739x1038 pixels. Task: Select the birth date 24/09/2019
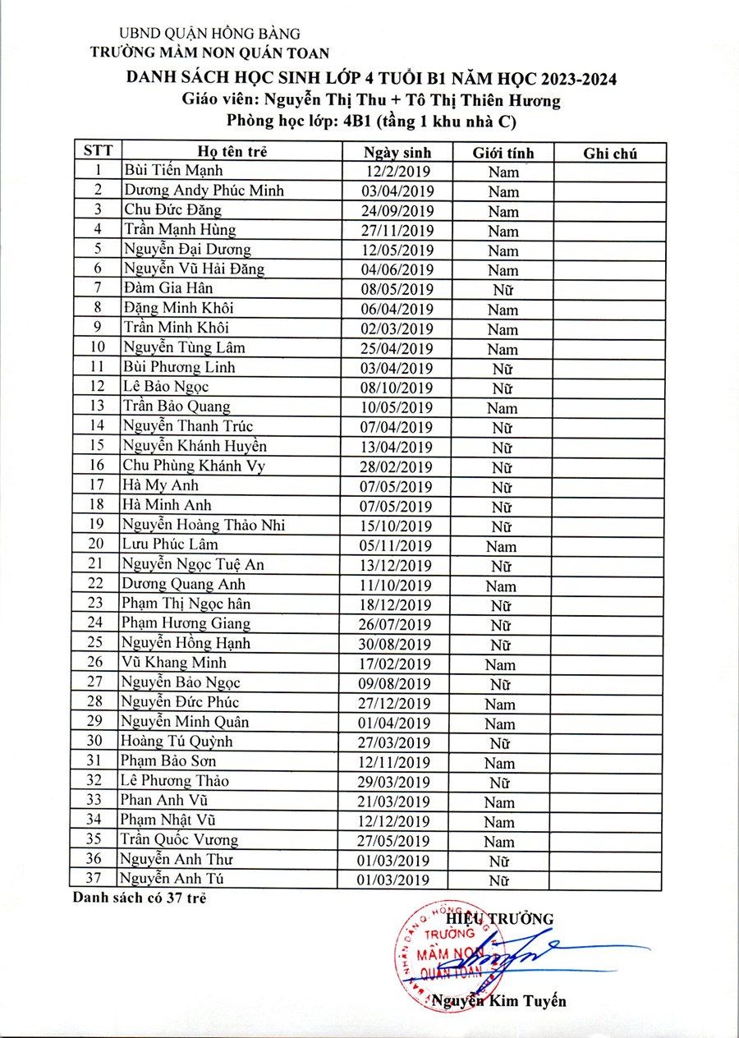[x=397, y=211]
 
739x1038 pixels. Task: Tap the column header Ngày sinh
[x=397, y=153]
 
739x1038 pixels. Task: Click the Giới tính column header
[x=503, y=153]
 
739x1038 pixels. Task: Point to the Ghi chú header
[x=610, y=153]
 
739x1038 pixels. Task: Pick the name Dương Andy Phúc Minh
[x=204, y=191]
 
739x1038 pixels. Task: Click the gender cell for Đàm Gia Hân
[x=503, y=290]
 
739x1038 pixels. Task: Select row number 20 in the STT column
[x=98, y=544]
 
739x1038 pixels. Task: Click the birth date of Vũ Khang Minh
[x=397, y=663]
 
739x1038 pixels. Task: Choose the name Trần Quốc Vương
[x=179, y=840]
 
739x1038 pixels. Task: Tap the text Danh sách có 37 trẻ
[x=139, y=898]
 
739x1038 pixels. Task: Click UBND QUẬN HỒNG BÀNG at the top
[x=210, y=34]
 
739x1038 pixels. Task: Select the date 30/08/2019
[x=397, y=643]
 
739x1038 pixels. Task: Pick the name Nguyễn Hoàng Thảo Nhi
[x=204, y=525]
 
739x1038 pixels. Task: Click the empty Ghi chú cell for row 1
[x=610, y=172]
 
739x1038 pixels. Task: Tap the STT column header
[x=98, y=152]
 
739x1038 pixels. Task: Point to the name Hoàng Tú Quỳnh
[x=177, y=742]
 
